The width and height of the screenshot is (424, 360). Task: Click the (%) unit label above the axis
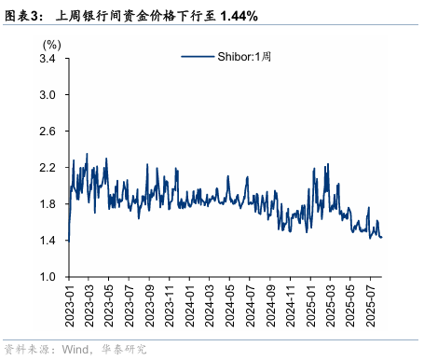(x=52, y=44)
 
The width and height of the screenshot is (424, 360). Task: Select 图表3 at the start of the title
(x=23, y=16)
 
